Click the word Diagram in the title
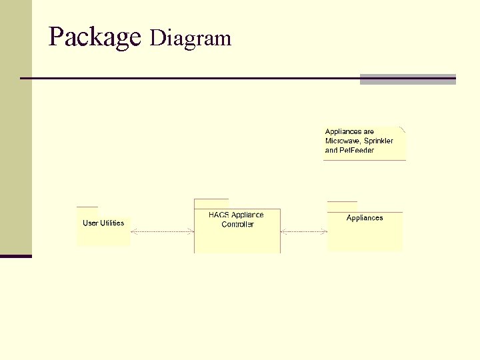click(191, 39)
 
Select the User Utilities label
click(103, 223)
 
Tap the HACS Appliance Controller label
click(237, 219)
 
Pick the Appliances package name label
click(365, 218)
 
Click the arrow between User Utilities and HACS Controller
click(162, 232)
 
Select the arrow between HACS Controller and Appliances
click(304, 232)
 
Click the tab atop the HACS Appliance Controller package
click(211, 203)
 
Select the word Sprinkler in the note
click(379, 141)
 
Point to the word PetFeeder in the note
click(357, 151)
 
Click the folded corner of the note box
click(402, 129)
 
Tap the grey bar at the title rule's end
click(407, 79)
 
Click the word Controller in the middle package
click(237, 225)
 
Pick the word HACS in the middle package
click(219, 215)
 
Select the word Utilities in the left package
click(112, 223)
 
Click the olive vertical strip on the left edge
click(15, 127)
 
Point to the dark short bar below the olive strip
click(15, 256)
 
